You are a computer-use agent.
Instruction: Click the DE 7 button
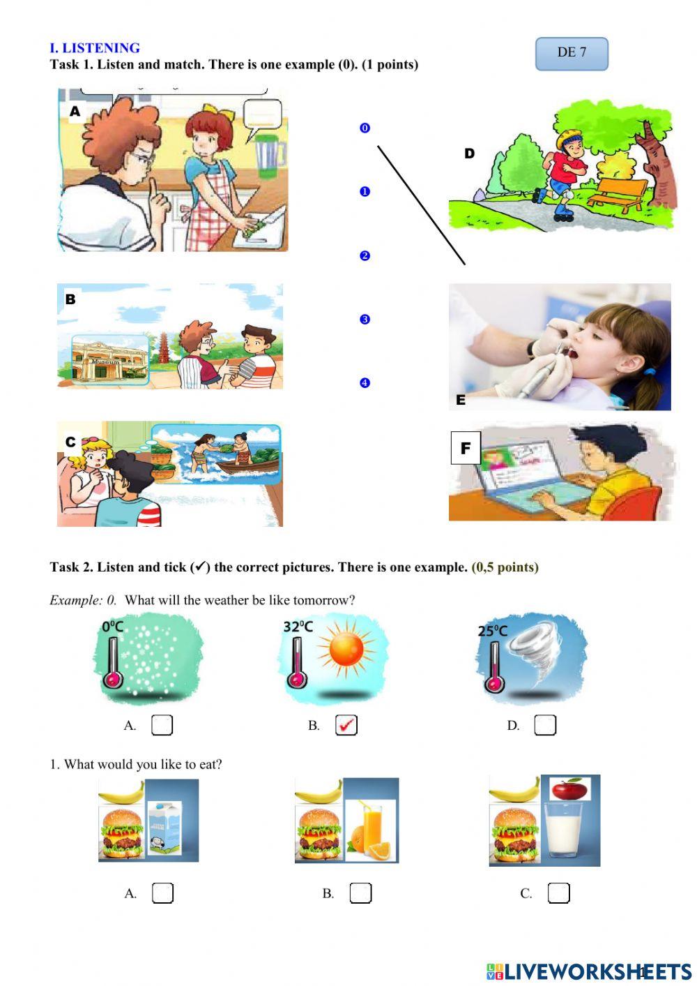[572, 53]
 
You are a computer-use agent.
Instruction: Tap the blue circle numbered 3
[365, 320]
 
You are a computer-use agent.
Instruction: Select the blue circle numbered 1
[365, 192]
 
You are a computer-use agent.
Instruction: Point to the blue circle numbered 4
[365, 383]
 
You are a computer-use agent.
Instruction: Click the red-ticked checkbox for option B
[346, 725]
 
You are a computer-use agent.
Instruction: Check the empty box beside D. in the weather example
[544, 725]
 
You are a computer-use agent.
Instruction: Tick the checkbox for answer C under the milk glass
[558, 892]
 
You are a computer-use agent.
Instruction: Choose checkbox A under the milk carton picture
[162, 892]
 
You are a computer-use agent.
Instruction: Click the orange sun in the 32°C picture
[346, 649]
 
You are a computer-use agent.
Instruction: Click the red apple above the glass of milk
[569, 790]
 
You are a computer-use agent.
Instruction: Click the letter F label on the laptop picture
[466, 447]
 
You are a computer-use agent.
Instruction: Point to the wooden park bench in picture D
[618, 193]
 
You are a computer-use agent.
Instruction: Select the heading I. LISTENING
[95, 48]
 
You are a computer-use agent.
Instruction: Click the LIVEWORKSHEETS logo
[588, 971]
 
